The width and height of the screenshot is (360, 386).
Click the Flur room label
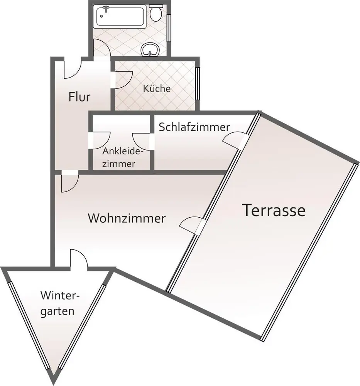point(79,96)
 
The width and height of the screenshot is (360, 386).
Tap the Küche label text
point(157,88)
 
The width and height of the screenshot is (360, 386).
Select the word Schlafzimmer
point(194,127)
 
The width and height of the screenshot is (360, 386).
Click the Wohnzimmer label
point(127,218)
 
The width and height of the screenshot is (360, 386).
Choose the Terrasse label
point(274,210)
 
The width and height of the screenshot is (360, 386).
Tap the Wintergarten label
point(58,303)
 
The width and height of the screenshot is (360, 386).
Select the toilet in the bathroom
point(156,14)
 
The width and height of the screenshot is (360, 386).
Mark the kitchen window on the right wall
point(198,83)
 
